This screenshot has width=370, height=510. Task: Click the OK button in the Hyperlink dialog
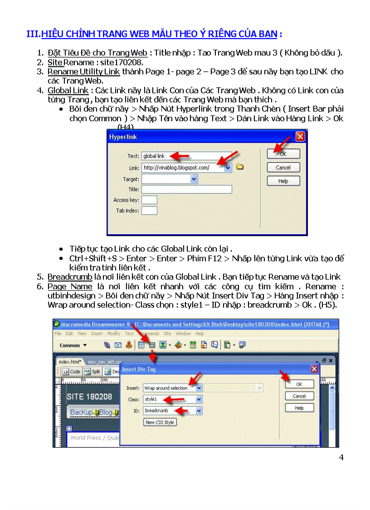[283, 154]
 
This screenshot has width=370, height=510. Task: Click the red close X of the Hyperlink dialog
[300, 137]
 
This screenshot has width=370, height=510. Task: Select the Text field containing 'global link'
[186, 156]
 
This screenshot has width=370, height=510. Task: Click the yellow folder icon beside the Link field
[240, 167]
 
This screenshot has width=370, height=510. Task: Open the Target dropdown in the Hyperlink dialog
[194, 179]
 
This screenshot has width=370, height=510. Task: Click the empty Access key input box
[149, 200]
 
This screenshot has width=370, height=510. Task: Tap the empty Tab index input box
[149, 211]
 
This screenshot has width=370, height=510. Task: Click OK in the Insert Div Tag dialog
[299, 384]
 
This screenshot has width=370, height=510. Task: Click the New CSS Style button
[160, 422]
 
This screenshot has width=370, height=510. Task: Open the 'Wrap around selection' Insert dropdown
[198, 388]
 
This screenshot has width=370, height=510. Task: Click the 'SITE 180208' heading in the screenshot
[89, 396]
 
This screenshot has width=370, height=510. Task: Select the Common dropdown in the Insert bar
[73, 345]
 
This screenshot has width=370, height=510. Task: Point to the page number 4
[341, 457]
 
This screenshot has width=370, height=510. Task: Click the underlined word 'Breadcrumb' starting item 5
[70, 277]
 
